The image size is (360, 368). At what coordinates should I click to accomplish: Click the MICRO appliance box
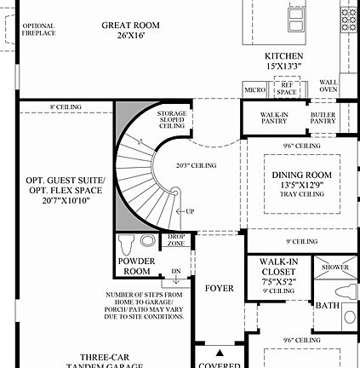tap(254, 89)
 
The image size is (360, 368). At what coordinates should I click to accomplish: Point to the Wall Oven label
tap(328, 86)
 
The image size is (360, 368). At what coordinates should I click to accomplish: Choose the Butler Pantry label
tap(323, 118)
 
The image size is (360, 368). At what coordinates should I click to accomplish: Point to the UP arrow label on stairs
tap(189, 210)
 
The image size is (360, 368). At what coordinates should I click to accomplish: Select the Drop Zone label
tap(176, 240)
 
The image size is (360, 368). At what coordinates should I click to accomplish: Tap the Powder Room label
tap(136, 267)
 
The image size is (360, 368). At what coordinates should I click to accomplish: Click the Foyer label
tap(219, 289)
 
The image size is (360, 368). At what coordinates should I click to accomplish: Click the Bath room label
tap(327, 304)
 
